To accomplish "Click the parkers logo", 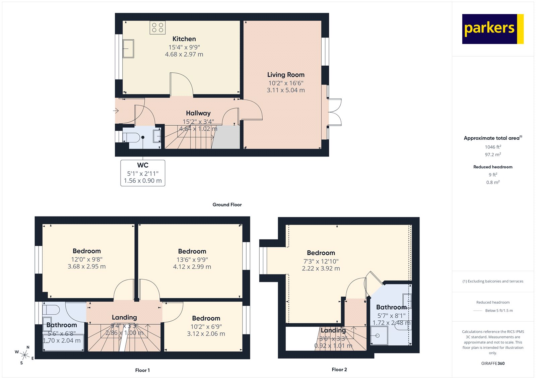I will [492, 29].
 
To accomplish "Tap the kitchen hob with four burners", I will [157, 27].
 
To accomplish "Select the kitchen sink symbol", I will [128, 49].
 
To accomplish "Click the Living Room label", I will [286, 75].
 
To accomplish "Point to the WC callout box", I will [143, 173].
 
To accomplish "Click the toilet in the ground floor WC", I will [132, 137].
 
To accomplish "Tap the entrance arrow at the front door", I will [116, 111].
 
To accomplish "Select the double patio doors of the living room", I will [334, 112].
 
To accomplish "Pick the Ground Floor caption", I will [227, 204].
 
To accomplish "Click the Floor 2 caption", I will [339, 369].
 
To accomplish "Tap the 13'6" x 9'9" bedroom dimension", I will [192, 259].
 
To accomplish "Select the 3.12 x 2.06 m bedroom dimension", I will [206, 334].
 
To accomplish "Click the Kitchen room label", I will [184, 39].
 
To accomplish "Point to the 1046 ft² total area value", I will [493, 147].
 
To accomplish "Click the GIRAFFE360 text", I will [493, 363].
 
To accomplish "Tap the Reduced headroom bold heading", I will [493, 167].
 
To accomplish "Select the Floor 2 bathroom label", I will [391, 307].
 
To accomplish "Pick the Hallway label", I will [198, 113].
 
